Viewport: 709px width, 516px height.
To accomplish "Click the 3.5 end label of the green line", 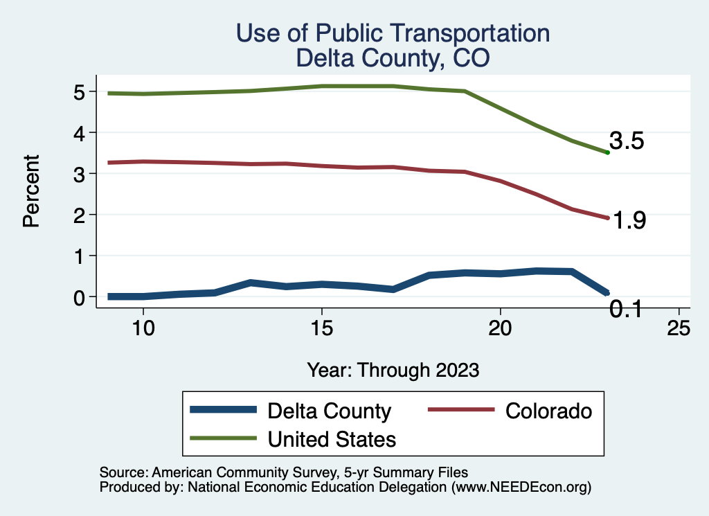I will coord(627,141).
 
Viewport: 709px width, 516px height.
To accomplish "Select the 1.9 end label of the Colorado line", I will coord(629,220).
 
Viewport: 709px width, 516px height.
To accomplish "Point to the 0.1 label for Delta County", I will coord(627,310).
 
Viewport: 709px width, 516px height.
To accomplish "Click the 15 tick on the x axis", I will coord(322,328).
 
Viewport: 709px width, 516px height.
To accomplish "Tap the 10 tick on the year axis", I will coord(143,328).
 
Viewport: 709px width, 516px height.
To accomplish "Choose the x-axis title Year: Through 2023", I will coord(393,370).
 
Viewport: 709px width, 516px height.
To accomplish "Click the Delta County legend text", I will coord(329,411).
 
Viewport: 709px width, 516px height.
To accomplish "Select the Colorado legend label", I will coord(549,411).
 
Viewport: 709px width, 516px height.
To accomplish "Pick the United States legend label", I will coord(332,438).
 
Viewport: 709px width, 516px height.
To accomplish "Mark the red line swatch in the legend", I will coord(462,411).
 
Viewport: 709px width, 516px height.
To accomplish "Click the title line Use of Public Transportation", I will coord(393,33).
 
